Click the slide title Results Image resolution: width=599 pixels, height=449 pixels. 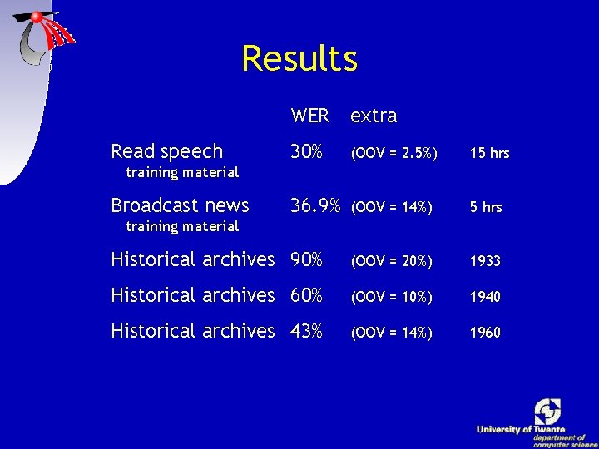tap(299, 59)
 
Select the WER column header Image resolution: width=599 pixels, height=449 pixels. tap(309, 116)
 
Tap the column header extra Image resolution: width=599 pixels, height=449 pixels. tap(374, 116)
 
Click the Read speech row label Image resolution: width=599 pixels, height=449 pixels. tap(166, 151)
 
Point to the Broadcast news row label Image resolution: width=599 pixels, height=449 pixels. tap(180, 205)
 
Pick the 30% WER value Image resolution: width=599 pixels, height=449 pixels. tap(306, 151)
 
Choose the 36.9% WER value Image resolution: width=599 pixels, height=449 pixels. tap(315, 205)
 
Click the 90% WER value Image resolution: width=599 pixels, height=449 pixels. tap(306, 259)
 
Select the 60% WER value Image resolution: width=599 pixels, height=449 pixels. tap(306, 295)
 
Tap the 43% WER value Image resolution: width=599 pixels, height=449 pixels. tap(306, 331)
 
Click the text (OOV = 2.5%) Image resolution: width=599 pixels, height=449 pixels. tap(391, 153)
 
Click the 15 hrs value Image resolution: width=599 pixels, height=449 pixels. tap(489, 153)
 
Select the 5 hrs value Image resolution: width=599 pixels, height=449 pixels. tap(486, 207)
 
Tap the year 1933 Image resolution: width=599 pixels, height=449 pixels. tap(485, 261)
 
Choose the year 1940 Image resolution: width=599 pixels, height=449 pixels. tap(485, 297)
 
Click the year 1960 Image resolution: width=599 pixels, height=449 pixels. tap(485, 333)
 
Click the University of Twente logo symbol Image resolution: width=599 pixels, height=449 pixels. tap(547, 411)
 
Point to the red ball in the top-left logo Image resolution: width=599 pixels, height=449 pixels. tap(37, 17)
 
